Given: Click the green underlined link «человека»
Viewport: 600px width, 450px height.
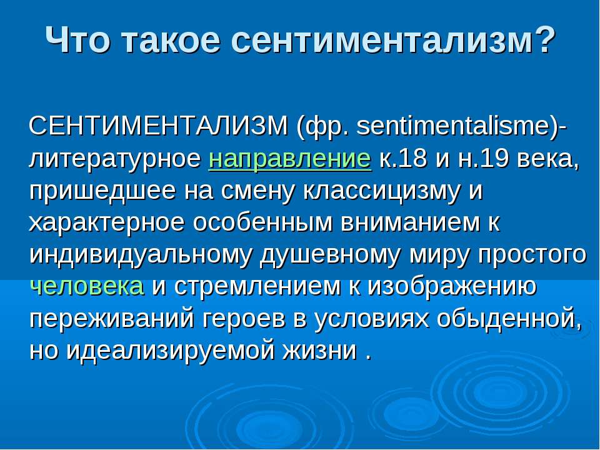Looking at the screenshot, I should tap(87, 286).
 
